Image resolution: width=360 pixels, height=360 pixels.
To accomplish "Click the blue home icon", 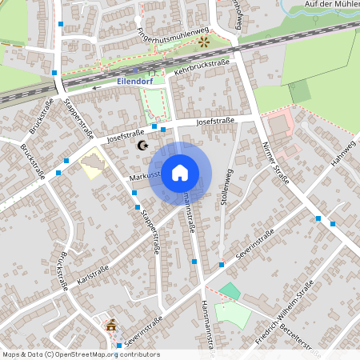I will click(x=180, y=173).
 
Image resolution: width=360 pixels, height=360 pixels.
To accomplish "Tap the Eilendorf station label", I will click(x=135, y=81).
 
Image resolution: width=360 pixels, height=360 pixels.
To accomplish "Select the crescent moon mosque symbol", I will click(x=142, y=146).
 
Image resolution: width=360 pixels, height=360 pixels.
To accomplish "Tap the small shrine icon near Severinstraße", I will click(x=110, y=326).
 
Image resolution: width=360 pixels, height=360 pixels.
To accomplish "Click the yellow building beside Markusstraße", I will click(x=94, y=165).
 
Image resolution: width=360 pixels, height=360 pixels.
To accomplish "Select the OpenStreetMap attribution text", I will click(x=80, y=354).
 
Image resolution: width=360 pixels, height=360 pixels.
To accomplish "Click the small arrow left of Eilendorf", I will click(x=96, y=88).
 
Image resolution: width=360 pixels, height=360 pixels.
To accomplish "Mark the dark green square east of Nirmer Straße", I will click(x=299, y=91).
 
